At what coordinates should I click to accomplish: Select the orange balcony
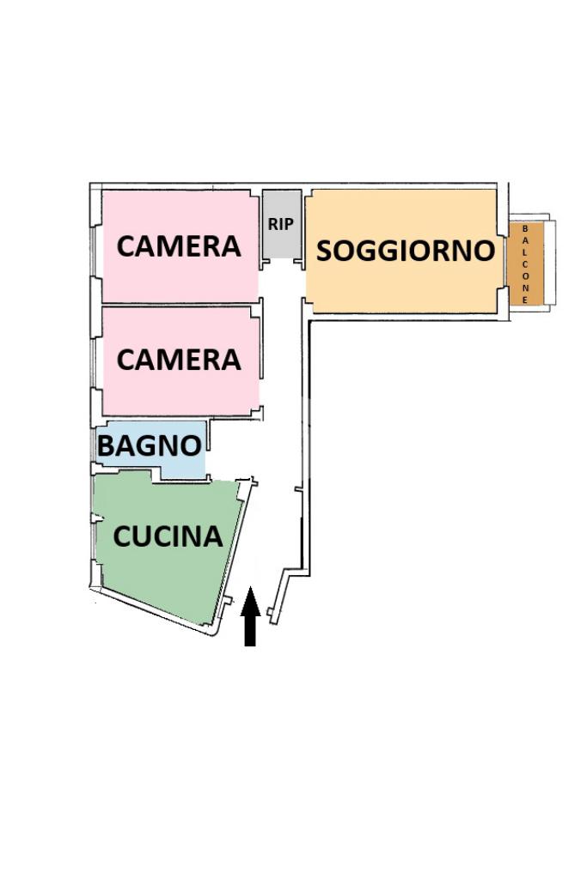point(525,263)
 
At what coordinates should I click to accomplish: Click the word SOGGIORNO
point(406,251)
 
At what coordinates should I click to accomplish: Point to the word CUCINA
point(168,536)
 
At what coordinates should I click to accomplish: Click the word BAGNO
point(149,445)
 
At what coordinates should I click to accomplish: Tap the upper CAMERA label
point(179,246)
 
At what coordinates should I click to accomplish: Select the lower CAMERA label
point(179,360)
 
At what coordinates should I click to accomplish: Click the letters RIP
point(281,224)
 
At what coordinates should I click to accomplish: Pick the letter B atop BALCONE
point(525,229)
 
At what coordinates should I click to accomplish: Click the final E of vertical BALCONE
point(525,300)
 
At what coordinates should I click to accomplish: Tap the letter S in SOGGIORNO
point(326,251)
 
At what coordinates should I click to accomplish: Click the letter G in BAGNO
point(150,445)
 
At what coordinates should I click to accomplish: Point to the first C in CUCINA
point(123,536)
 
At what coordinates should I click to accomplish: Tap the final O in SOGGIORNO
point(483,251)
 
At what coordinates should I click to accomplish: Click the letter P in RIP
point(289,224)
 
